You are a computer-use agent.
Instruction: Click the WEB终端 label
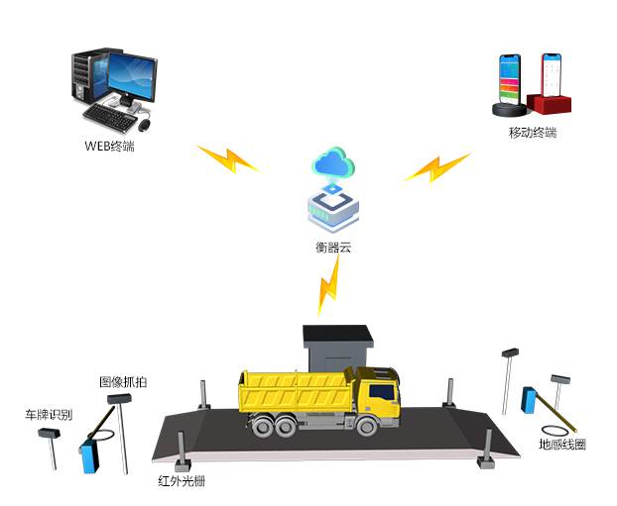(109, 147)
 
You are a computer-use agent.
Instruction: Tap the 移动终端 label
(532, 133)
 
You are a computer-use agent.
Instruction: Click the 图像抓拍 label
(123, 381)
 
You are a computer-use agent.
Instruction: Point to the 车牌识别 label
(49, 414)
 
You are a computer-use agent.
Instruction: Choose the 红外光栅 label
(182, 482)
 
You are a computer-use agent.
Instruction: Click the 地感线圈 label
(561, 445)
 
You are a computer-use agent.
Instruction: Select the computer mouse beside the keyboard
(145, 126)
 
